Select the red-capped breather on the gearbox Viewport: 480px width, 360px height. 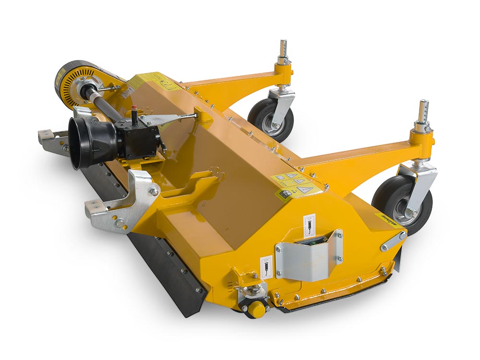click(134, 108)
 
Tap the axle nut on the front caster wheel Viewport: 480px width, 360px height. click(412, 212)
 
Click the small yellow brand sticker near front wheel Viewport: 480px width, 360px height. click(386, 221)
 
